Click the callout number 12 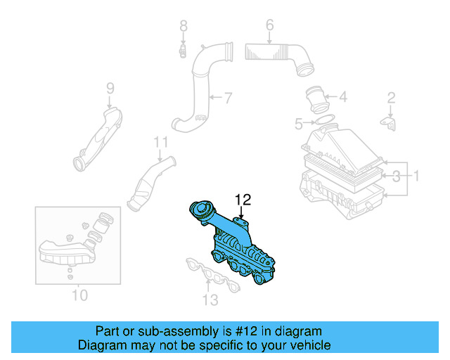pos(242,200)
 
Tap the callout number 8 pos(184,27)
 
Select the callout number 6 pos(269,27)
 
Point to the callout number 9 pos(110,88)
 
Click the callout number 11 pos(161,143)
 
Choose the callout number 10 pos(79,295)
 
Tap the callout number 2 pos(392,98)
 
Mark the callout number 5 pos(298,124)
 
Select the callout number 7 pos(227,97)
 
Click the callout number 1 pos(416,174)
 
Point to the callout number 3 pos(396,174)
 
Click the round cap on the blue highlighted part pos(203,210)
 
